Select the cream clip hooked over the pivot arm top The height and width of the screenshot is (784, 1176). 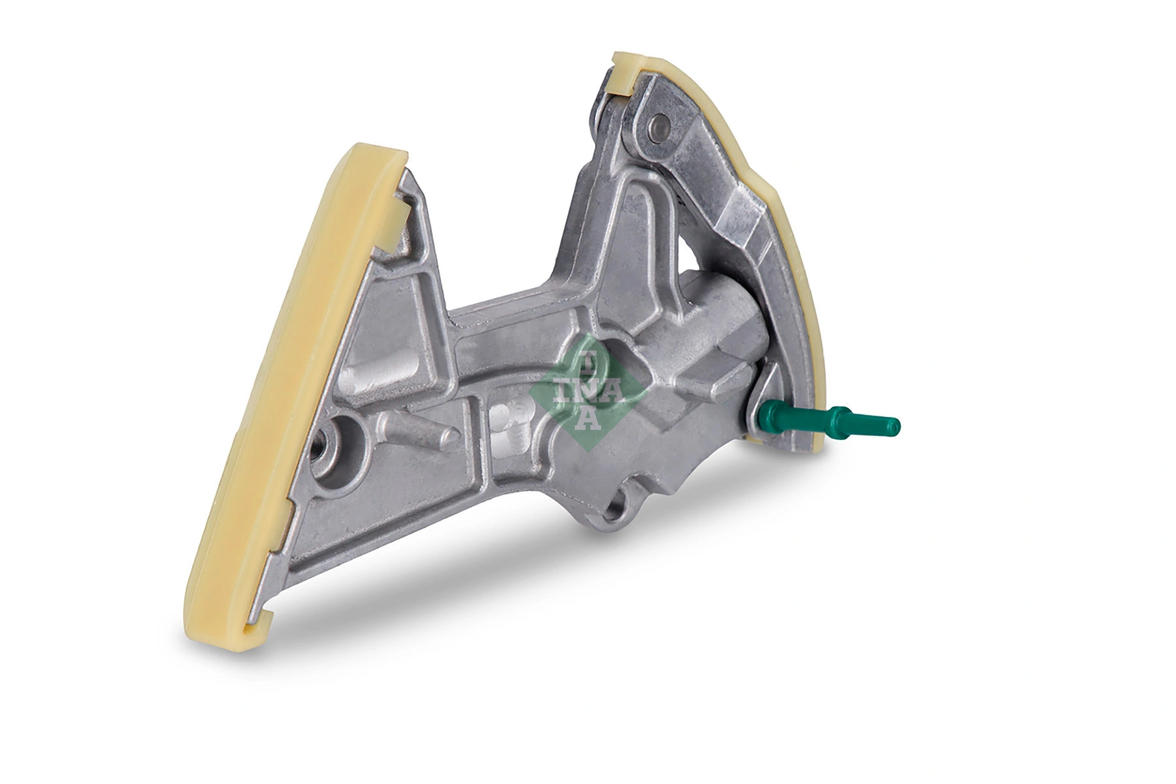pos(624,74)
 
